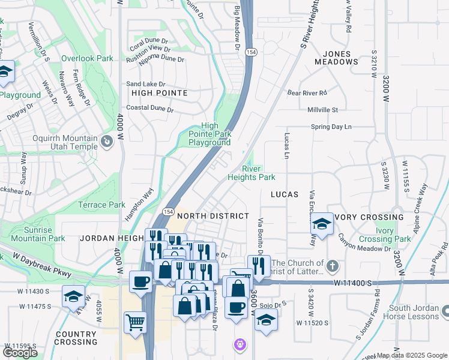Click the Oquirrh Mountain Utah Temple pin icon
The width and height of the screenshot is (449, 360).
point(107,141)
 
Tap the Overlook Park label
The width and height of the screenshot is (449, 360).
point(87,59)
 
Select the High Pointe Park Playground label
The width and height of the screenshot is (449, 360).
point(209,134)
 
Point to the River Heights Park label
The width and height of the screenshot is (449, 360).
point(251,173)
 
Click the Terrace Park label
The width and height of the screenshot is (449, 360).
point(101,205)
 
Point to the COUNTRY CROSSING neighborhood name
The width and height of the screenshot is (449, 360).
point(76,338)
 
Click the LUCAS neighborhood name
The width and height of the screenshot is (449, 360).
point(285,195)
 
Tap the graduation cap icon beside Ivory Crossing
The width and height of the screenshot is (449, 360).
point(322,225)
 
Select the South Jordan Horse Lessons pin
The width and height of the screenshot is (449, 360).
point(445,311)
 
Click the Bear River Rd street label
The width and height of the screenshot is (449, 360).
point(306,93)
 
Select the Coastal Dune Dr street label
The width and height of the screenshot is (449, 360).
point(149,110)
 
